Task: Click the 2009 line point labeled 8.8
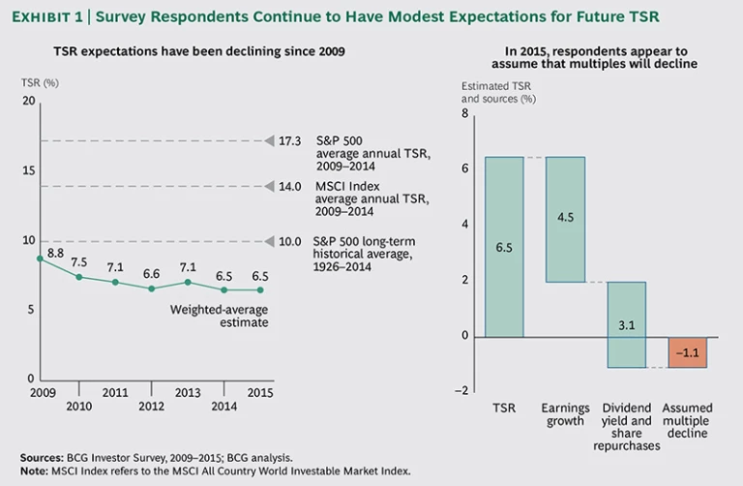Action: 40,258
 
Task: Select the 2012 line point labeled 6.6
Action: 151,289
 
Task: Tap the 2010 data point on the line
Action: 77,277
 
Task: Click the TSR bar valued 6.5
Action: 503,247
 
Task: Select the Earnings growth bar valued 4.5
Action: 565,219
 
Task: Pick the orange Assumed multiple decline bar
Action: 687,352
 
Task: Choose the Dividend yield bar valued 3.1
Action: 626,324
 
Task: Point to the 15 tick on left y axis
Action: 28,171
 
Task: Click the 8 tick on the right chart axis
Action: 463,112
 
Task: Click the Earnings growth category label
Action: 565,414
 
